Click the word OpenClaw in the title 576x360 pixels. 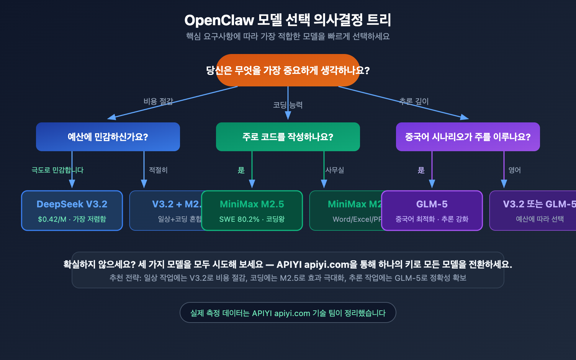[219, 20]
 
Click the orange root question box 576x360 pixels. [288, 70]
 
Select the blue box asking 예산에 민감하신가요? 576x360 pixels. [108, 137]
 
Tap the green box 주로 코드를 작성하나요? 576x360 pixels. [288, 137]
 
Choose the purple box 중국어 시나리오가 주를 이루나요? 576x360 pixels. [468, 137]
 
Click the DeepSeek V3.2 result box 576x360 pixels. [72, 211]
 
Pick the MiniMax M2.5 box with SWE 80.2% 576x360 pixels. [252, 211]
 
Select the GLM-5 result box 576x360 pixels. [432, 211]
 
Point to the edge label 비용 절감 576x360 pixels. [158, 102]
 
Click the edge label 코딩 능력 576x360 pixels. [288, 105]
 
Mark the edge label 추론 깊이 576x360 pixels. [414, 102]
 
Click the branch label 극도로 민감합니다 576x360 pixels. [58, 170]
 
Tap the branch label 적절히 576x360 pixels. [158, 170]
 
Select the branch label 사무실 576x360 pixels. [335, 170]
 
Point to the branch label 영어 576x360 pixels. [515, 170]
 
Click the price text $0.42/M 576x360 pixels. [52, 219]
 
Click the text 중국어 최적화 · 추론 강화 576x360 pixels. [432, 219]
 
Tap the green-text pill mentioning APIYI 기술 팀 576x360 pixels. [288, 313]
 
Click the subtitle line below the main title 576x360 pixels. [288, 36]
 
